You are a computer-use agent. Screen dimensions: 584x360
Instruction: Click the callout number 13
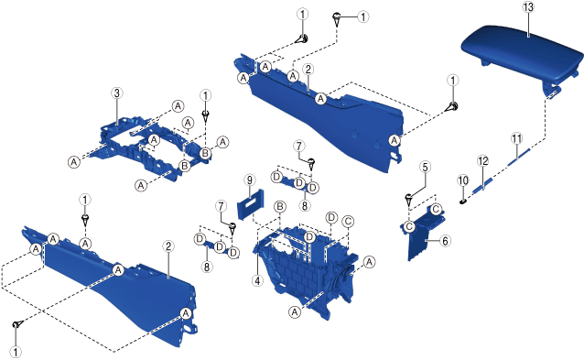click(x=528, y=7)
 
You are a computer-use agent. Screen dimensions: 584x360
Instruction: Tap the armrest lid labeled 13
click(x=522, y=53)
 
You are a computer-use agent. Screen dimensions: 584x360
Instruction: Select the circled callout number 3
click(x=117, y=93)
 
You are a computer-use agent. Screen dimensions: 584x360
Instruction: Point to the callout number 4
click(x=257, y=280)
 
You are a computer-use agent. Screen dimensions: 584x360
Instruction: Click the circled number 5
click(x=425, y=167)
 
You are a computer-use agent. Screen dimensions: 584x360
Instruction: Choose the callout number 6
click(x=445, y=241)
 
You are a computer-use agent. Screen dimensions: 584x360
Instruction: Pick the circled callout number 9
click(x=250, y=180)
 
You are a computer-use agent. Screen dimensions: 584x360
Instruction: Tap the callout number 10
click(x=463, y=180)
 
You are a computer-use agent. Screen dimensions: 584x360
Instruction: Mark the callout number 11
click(x=516, y=138)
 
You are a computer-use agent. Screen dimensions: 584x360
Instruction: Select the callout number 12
click(x=482, y=161)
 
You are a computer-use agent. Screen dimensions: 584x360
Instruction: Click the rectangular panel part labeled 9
click(x=251, y=204)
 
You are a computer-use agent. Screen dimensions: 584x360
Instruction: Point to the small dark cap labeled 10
click(x=463, y=202)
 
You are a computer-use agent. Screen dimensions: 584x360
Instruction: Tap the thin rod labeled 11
click(x=518, y=156)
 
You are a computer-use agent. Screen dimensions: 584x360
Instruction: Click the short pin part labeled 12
click(x=483, y=185)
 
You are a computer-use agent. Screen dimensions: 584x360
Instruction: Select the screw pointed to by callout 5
click(x=408, y=200)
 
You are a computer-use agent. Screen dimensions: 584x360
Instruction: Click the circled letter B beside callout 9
click(x=280, y=206)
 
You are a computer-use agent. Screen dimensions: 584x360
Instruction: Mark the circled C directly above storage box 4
click(x=348, y=222)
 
